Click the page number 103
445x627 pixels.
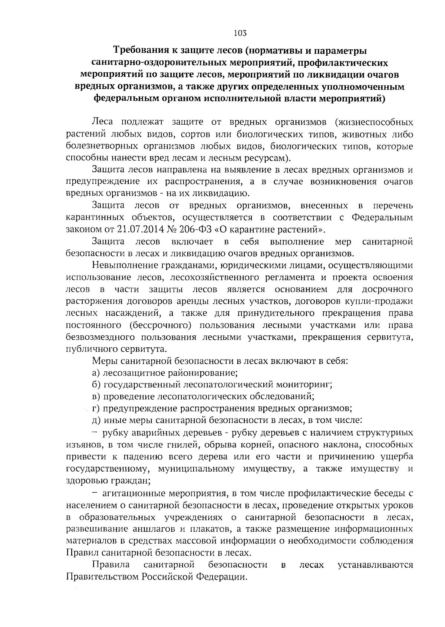pos(240,33)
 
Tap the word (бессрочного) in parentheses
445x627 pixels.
pos(160,325)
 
